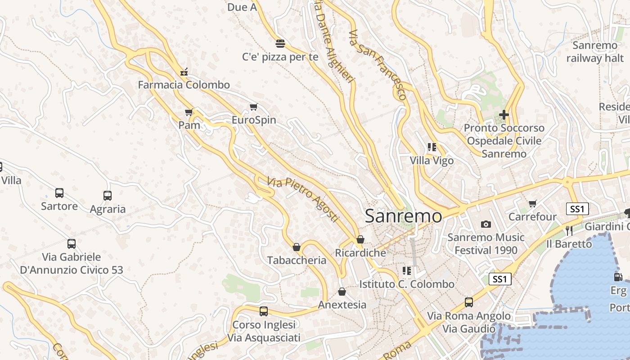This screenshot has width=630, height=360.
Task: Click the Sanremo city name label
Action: [x=404, y=216]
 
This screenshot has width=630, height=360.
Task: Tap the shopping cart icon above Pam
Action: [x=189, y=112]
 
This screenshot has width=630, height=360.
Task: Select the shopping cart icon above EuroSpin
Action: [x=253, y=107]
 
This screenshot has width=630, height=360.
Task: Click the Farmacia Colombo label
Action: [x=184, y=85]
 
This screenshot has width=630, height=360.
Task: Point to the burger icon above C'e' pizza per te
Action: [x=280, y=44]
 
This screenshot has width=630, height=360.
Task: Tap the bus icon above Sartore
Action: [x=59, y=193]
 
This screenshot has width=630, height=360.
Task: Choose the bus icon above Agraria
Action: [x=107, y=196]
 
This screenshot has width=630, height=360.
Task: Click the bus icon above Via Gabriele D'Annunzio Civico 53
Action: [x=71, y=244]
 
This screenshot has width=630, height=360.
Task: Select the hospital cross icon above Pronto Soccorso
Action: [x=504, y=115]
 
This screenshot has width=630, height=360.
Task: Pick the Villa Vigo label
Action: [x=432, y=161]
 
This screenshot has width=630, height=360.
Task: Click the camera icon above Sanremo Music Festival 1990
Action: [x=486, y=224]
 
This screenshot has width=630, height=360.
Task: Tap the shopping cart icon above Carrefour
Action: [x=533, y=204]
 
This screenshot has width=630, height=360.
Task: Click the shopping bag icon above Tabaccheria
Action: [x=297, y=247]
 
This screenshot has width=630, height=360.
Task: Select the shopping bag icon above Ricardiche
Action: [x=360, y=239]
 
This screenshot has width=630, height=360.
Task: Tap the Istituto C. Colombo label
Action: [x=407, y=284]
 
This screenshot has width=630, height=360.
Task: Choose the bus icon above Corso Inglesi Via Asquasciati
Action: [x=264, y=311]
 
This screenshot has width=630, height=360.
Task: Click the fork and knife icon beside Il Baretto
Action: [x=569, y=231]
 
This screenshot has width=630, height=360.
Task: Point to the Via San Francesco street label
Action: [x=378, y=65]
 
